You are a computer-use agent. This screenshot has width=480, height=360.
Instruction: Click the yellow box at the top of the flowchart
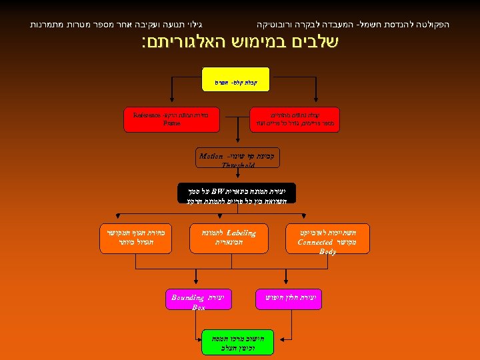pos(235,79)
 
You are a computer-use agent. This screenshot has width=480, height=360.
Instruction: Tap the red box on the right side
pos(293,119)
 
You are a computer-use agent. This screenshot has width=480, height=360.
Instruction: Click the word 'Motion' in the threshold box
pos(212,156)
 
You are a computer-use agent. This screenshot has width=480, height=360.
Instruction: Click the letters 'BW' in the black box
pos(219,189)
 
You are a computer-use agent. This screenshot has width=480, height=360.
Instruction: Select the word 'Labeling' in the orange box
pos(241,233)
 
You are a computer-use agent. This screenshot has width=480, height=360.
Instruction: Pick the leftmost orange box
pos(135,238)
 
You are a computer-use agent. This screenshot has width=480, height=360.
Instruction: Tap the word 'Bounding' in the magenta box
pos(187,297)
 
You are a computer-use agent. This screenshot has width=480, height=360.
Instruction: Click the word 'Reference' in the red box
pos(147,115)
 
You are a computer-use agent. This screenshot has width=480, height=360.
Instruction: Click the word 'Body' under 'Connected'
pos(327,252)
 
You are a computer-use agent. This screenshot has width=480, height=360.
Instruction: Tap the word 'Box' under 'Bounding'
pos(199,307)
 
